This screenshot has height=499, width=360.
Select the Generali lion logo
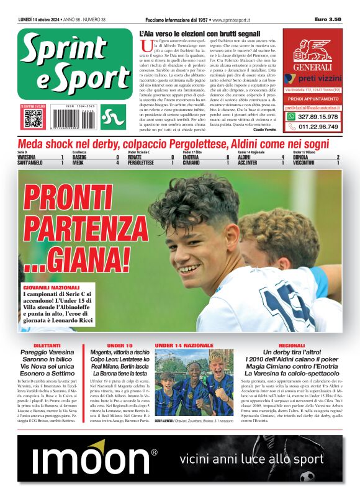click(313, 50)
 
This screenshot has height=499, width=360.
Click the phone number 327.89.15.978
click(318, 117)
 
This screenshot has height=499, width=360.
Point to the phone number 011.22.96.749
click(318, 127)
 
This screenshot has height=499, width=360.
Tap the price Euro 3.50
click(328, 20)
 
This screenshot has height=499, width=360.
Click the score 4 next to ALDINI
click(282, 158)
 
